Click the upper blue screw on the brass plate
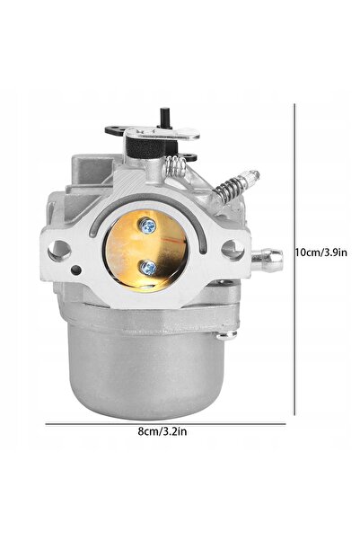(x=148, y=226)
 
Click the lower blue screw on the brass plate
(x=148, y=268)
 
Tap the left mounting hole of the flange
(x=59, y=250)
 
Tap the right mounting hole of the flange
(x=233, y=250)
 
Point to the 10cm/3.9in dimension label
(x=321, y=252)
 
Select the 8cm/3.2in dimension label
(x=162, y=430)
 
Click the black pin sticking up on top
(x=164, y=118)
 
